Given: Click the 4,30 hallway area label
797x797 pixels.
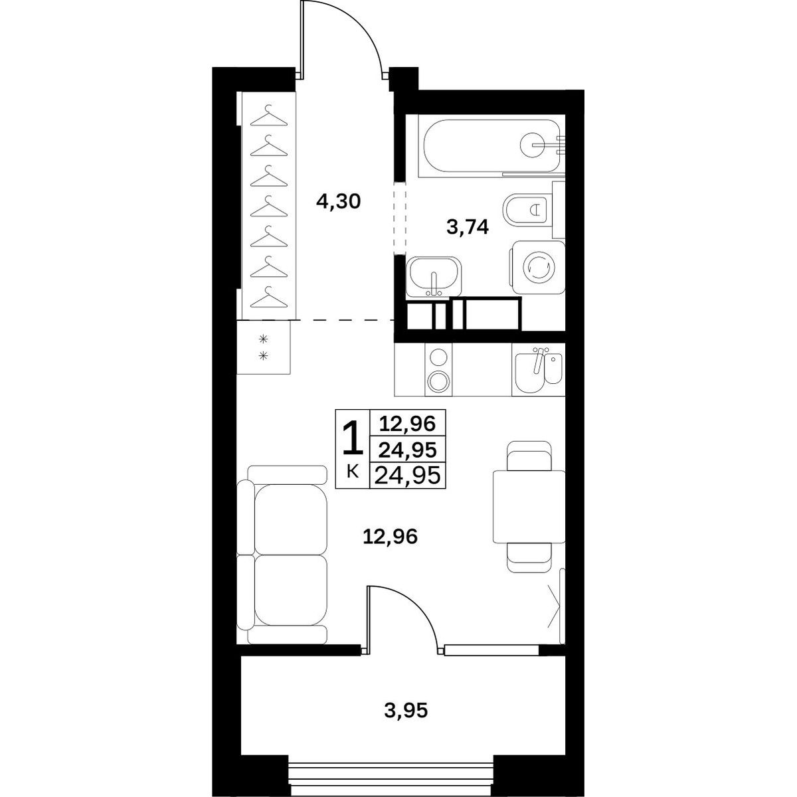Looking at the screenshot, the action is point(338,203).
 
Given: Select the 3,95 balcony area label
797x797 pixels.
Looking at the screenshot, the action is point(404,711).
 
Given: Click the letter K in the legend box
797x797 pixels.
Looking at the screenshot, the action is point(353,472).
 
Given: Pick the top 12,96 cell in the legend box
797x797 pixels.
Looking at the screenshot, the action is point(408,424).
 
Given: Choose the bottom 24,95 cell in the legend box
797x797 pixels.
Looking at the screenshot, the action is point(408,476).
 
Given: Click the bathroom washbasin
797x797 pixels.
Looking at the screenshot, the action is point(434,276).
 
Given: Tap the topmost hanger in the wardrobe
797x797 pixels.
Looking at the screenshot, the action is point(269,116).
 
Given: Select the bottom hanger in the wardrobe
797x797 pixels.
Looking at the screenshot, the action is point(269,298).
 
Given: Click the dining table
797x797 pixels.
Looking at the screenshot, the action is point(529,507).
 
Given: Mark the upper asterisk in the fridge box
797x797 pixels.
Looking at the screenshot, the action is point(262,339).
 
